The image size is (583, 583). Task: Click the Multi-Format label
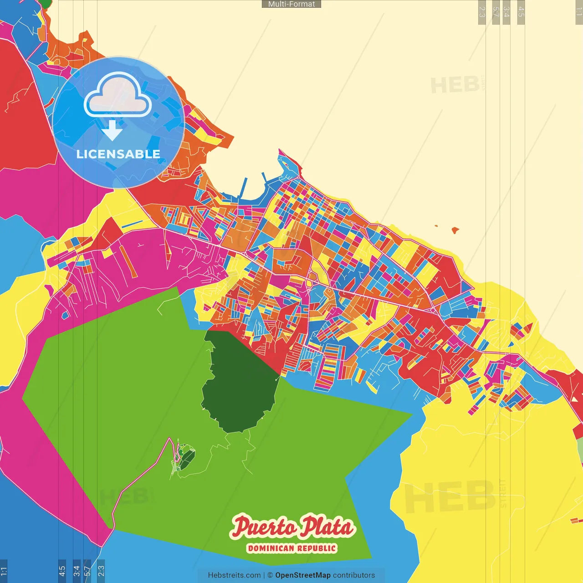click(291, 4)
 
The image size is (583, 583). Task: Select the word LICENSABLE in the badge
click(118, 154)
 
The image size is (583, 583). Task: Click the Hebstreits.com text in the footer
click(234, 575)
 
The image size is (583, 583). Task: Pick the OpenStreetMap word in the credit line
click(303, 575)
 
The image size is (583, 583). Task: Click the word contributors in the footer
click(354, 575)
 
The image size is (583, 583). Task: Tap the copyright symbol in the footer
click(270, 575)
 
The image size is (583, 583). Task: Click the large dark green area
click(239, 383)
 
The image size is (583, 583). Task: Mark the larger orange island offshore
click(455, 230)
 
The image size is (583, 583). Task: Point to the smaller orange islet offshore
click(436, 225)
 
